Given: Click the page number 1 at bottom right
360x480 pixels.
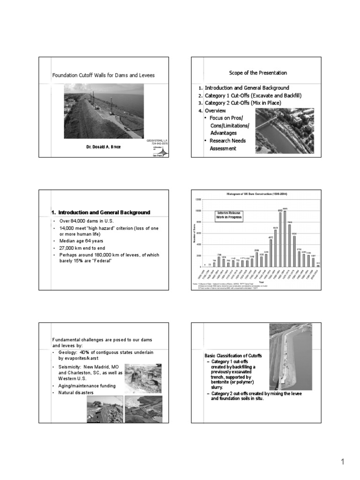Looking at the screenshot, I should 343,462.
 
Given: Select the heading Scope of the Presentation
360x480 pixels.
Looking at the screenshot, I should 258,73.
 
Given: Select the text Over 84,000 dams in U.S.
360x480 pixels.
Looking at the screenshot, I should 87,221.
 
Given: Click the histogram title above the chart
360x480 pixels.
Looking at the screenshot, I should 257,193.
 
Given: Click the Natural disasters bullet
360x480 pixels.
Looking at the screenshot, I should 76,391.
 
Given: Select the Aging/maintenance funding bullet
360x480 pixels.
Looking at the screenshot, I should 86,384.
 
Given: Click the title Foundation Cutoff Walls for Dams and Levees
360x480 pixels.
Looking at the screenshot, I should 103,75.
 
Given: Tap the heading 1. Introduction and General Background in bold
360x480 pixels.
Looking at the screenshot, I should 101,212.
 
